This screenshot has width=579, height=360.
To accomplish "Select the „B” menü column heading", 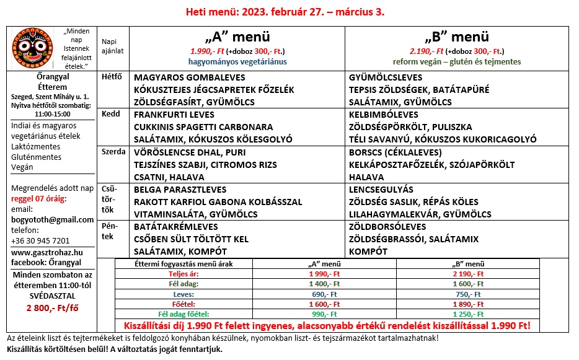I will point(456,37).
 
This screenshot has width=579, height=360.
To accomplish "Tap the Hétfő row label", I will point(112,77).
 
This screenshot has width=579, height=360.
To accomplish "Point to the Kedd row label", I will point(110,115).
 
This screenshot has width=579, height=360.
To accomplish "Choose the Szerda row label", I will point(113,152).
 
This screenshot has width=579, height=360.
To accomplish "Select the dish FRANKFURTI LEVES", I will point(174,115).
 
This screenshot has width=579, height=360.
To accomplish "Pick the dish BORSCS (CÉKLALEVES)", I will point(396,152).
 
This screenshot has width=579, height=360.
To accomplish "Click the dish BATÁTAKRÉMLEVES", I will point(176,227).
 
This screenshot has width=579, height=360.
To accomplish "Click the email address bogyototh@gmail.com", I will point(53,219).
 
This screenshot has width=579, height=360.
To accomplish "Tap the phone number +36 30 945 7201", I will point(40,240).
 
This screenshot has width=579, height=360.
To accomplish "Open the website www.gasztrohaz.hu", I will point(47,252).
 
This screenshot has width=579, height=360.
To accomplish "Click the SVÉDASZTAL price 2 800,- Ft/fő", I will point(53,308).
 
